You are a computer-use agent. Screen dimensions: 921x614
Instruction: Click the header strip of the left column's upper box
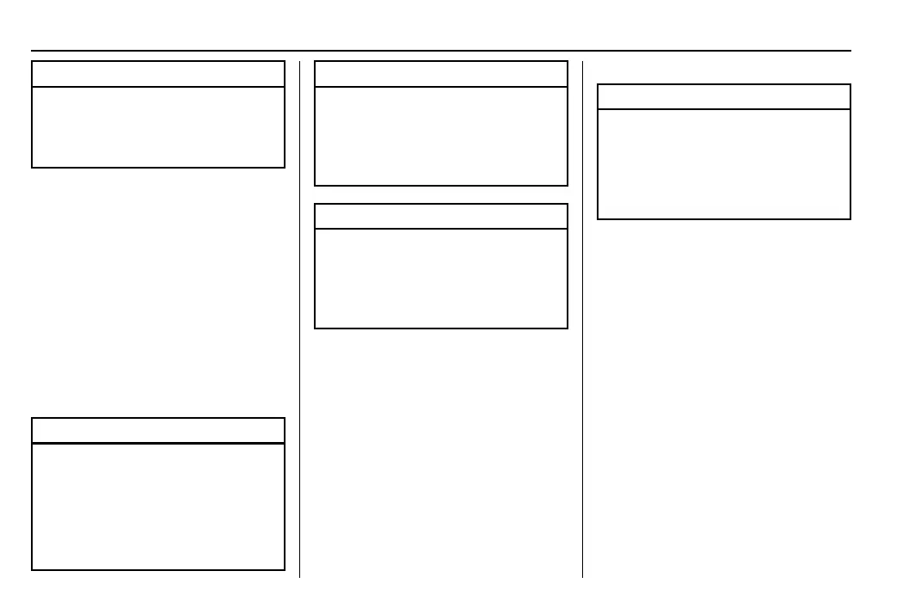click(158, 74)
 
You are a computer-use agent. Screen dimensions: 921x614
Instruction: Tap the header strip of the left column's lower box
click(158, 430)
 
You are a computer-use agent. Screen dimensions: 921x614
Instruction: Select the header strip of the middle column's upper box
click(441, 74)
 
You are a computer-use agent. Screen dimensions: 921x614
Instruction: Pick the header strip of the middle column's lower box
click(441, 216)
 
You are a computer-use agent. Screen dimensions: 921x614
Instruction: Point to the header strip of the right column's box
click(723, 96)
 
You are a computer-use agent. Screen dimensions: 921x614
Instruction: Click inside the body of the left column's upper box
click(158, 126)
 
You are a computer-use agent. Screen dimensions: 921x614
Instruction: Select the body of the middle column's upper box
click(441, 136)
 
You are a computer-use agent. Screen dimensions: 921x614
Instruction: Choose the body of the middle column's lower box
click(441, 278)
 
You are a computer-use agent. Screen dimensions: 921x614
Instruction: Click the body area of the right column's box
click(723, 163)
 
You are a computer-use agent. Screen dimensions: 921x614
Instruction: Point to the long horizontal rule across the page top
click(440, 50)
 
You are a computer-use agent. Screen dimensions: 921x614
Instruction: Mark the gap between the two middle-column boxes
click(441, 195)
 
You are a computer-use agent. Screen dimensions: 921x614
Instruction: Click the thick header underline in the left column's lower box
click(158, 443)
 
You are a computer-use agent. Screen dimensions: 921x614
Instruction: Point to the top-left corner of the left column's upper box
click(32, 61)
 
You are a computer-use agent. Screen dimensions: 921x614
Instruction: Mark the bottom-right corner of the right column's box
click(850, 218)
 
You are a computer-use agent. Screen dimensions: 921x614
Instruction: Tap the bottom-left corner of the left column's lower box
click(32, 569)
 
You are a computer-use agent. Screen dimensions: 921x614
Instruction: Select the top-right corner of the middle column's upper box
click(568, 61)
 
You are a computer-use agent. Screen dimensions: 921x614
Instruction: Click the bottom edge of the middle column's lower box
click(441, 328)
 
